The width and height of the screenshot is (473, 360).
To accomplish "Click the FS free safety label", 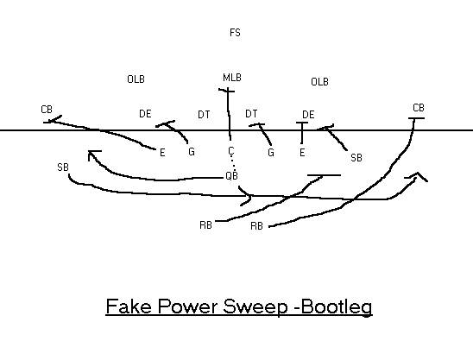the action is click(235, 33).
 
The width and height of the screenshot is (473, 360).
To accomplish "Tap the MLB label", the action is click(232, 78).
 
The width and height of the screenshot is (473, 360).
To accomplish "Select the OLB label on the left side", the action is click(136, 79).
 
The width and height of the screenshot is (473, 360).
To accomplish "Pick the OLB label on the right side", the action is click(319, 82).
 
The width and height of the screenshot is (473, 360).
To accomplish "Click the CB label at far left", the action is click(47, 110).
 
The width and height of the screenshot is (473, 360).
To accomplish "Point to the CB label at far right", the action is click(419, 108).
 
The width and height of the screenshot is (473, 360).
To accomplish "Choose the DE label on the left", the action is click(145, 114).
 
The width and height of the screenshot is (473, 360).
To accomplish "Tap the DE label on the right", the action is click(308, 115).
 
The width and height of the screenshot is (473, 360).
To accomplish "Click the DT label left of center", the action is click(204, 115).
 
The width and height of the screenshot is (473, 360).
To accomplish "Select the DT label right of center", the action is click(251, 114).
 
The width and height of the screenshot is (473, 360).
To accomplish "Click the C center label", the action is click(231, 150).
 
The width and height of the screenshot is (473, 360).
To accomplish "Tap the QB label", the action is click(231, 175).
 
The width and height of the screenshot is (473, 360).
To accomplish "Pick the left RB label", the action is click(205, 225).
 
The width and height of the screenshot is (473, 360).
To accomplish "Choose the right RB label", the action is click(256, 226).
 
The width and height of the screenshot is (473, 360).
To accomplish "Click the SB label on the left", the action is click(63, 167).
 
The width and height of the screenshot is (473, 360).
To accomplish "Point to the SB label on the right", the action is click(356, 158).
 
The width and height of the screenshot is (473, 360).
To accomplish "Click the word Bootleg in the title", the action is click(337, 306).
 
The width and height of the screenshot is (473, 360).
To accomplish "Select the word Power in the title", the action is click(188, 306).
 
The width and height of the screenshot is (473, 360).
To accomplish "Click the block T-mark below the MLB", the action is click(226, 90).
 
